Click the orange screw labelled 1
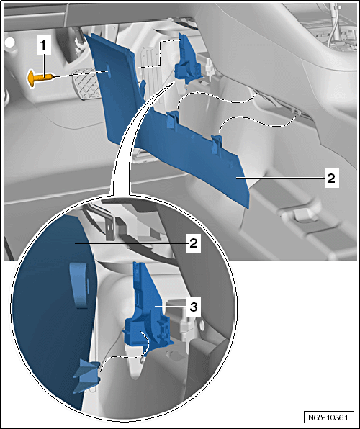[x=40, y=78]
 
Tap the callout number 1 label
[x=43, y=46]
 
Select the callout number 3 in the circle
[x=194, y=307]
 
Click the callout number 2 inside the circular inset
[x=194, y=243]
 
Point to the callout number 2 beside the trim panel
[x=331, y=179]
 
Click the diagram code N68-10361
[x=328, y=417]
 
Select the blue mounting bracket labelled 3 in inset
[x=148, y=310]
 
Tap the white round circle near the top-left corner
[x=10, y=43]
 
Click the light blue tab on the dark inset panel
[x=78, y=285]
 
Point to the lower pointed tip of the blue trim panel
[x=248, y=209]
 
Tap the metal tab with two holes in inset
[x=110, y=227]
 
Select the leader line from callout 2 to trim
[x=281, y=178]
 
